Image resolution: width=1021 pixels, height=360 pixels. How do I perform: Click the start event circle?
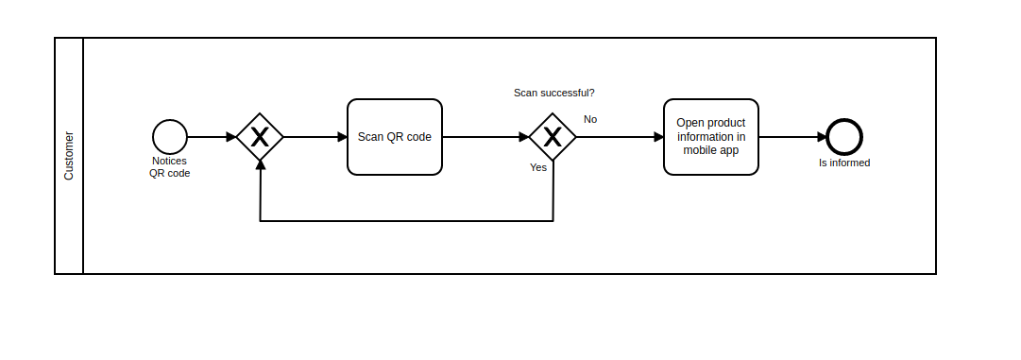[x=170, y=137]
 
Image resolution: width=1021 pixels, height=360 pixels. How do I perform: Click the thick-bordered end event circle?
[x=844, y=137]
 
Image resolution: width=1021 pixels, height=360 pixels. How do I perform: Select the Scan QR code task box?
[x=395, y=137]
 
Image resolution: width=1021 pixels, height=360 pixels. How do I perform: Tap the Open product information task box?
[x=710, y=137]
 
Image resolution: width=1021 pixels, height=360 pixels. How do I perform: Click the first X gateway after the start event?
[x=260, y=137]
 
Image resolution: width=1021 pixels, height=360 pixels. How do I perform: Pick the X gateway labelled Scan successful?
[x=553, y=137]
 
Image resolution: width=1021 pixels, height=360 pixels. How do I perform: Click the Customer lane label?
[x=69, y=156]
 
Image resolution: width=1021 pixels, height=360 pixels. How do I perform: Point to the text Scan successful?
[x=553, y=93]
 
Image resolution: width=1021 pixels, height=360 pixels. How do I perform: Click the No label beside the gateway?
[x=590, y=119]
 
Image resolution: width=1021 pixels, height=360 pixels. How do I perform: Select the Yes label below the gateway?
[x=538, y=167]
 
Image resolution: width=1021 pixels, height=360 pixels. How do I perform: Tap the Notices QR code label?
[x=170, y=167]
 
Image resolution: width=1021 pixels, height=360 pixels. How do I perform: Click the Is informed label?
[x=844, y=163]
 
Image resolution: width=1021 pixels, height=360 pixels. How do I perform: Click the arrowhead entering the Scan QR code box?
[x=342, y=137]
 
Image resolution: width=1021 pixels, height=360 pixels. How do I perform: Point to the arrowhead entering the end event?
[x=822, y=137]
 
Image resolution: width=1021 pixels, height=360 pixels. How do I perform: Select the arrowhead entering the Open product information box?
[x=658, y=137]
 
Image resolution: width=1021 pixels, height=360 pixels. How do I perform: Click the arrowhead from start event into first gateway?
[x=230, y=137]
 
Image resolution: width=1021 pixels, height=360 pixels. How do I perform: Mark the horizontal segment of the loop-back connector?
[x=406, y=221]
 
